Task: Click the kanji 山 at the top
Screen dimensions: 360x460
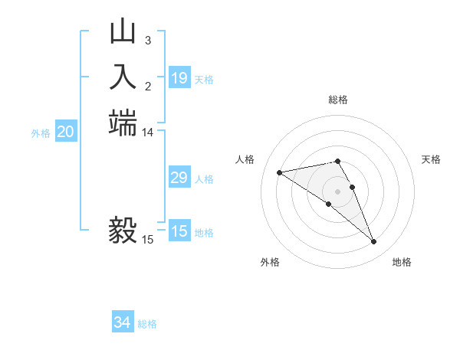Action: tap(123, 31)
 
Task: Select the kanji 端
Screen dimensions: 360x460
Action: tap(123, 123)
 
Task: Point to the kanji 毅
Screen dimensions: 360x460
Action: tap(123, 230)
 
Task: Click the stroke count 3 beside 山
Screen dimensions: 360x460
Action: tap(148, 40)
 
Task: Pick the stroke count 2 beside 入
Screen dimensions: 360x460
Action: tap(148, 86)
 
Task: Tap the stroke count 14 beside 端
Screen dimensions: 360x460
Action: tap(148, 133)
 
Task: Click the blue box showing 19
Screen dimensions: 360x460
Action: tap(179, 78)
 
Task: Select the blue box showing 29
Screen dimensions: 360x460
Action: tap(179, 178)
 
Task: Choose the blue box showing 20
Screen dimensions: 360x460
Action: tap(66, 133)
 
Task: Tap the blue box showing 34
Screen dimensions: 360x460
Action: tap(123, 323)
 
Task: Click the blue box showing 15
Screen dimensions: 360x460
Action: tap(179, 232)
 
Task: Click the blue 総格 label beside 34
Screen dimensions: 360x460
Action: tap(147, 324)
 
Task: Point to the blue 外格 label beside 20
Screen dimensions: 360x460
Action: tap(41, 133)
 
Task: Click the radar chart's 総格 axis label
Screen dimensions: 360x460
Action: tap(338, 100)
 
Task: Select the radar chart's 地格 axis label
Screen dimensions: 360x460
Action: tap(402, 262)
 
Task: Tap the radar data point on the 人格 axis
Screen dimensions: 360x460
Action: tap(280, 172)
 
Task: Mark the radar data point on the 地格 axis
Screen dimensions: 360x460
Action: tap(374, 242)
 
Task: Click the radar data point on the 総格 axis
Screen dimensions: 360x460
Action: tap(338, 161)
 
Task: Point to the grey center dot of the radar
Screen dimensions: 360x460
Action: tap(338, 191)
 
